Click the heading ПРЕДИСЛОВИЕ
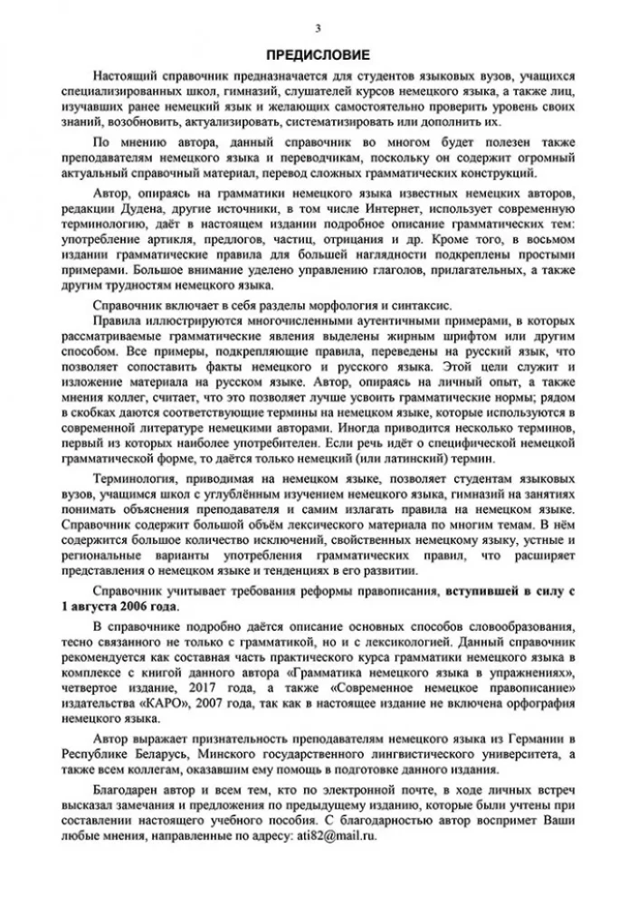click(319, 53)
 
